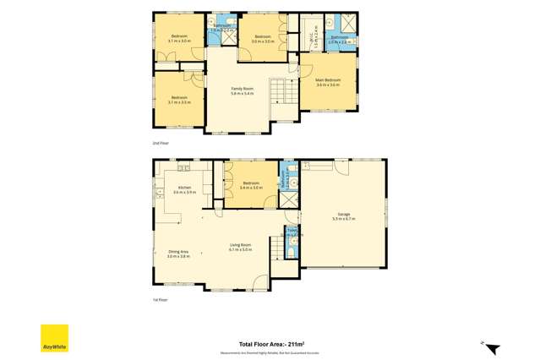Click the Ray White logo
(x=55, y=338)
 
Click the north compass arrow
(x=494, y=347)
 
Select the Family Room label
(x=243, y=89)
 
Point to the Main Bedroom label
(x=328, y=81)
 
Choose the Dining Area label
(x=178, y=252)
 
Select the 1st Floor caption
(x=161, y=299)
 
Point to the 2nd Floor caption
(x=161, y=143)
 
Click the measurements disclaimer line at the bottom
(x=270, y=352)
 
